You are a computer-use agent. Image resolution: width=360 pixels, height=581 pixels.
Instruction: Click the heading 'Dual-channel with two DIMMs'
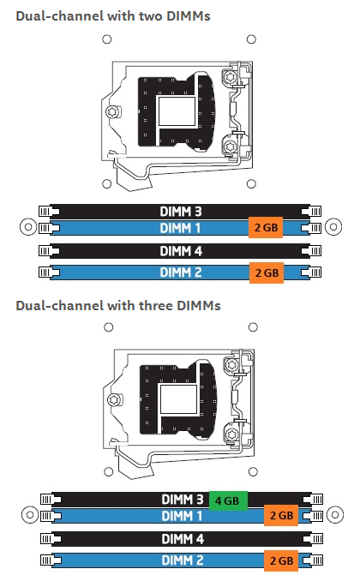click(x=113, y=16)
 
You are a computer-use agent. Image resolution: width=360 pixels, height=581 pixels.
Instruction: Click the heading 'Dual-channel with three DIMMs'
click(x=118, y=306)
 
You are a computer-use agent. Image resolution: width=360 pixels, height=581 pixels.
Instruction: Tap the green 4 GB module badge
click(x=228, y=500)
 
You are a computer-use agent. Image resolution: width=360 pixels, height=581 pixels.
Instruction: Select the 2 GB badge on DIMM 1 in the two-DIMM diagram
click(x=266, y=227)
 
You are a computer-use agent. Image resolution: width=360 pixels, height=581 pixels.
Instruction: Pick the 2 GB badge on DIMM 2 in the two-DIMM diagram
click(x=267, y=273)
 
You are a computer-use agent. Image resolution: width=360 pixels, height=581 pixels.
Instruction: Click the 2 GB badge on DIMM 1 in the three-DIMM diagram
click(x=281, y=515)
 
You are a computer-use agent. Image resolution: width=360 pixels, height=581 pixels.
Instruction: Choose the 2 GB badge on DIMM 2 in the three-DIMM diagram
click(x=281, y=560)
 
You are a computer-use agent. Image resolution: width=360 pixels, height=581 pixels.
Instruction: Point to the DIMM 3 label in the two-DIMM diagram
click(x=181, y=212)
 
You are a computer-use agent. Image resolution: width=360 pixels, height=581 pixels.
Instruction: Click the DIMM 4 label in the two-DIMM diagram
click(x=181, y=251)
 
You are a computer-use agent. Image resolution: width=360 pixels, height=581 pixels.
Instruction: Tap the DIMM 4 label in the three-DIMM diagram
click(x=183, y=539)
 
